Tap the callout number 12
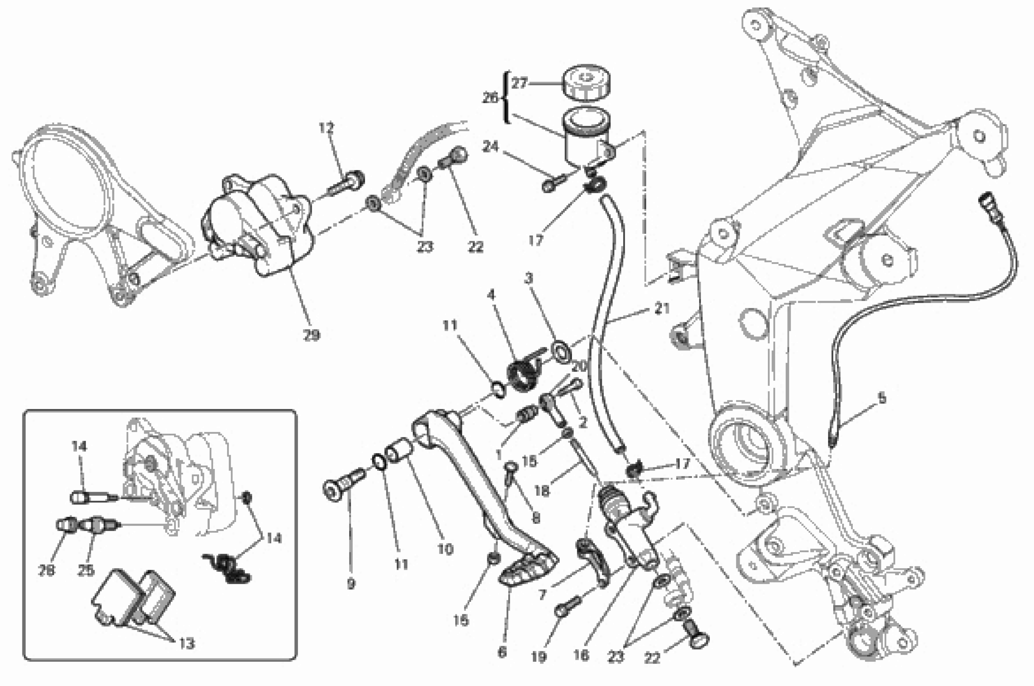(326, 128)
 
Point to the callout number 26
(490, 98)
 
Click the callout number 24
(490, 147)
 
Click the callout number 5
(882, 399)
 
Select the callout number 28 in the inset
(47, 570)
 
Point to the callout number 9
(351, 584)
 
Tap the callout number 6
(502, 652)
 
